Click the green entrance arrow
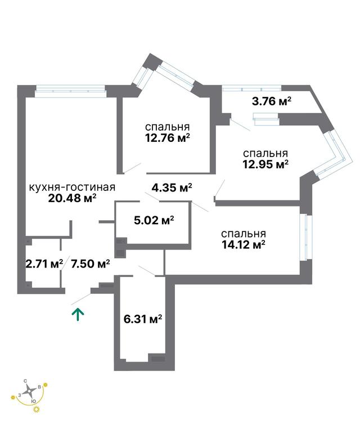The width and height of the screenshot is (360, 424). click(x=78, y=315)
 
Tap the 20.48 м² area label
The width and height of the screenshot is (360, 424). click(x=73, y=198)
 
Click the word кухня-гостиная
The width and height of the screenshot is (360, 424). click(x=72, y=188)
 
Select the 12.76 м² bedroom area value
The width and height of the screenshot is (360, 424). click(x=168, y=138)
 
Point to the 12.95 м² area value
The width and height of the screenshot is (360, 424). click(x=265, y=164)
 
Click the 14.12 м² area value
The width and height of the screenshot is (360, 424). click(x=243, y=245)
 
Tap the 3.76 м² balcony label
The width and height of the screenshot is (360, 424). click(x=272, y=101)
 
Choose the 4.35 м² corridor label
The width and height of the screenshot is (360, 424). click(x=172, y=187)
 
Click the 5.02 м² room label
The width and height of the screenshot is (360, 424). click(x=154, y=221)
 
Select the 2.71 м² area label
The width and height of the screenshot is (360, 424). click(x=44, y=264)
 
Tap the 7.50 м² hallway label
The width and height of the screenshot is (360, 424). click(x=90, y=264)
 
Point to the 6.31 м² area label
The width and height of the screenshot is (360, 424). click(x=143, y=319)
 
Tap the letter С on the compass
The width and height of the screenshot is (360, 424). click(x=25, y=381)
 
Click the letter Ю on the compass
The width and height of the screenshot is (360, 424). click(x=33, y=401)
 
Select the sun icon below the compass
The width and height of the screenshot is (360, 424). click(x=36, y=410)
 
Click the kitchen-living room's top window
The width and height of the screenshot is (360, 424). click(x=70, y=91)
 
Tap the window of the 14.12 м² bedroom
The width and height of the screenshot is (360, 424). click(x=305, y=238)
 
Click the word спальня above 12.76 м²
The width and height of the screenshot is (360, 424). click(x=168, y=127)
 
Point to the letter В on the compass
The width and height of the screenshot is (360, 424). click(x=39, y=387)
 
